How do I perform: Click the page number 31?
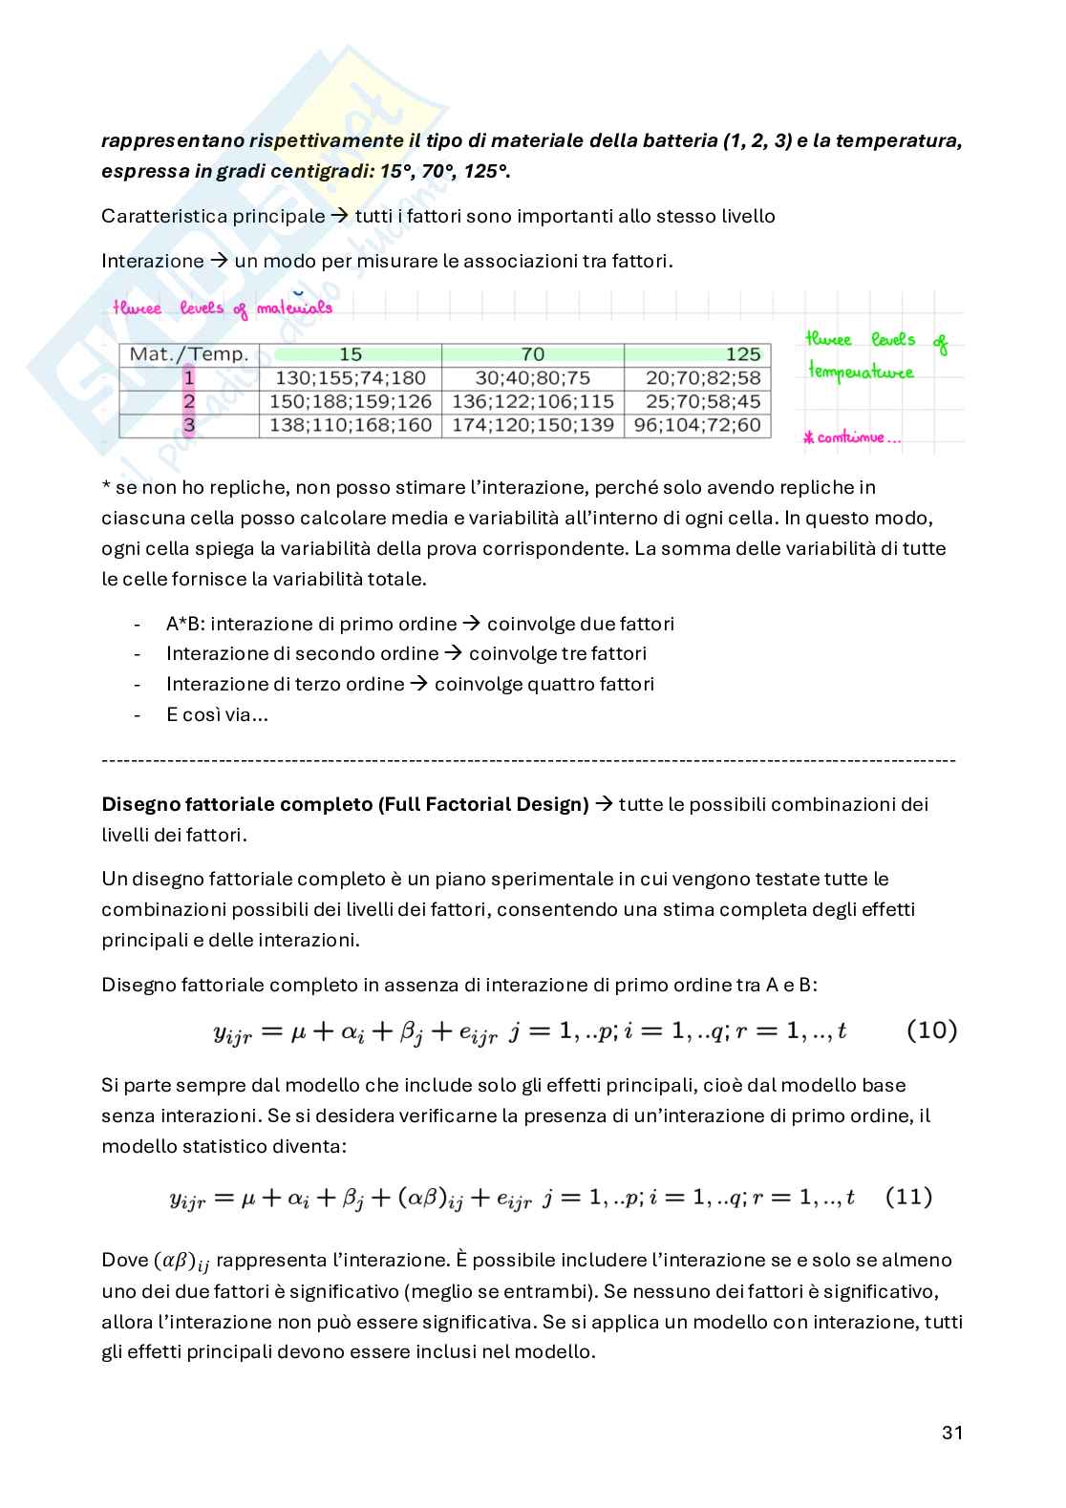point(951,1433)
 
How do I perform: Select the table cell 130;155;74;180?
point(351,378)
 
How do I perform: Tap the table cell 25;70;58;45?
point(696,401)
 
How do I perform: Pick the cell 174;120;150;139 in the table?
point(532,425)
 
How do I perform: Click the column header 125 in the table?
point(742,354)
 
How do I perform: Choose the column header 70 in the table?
point(532,354)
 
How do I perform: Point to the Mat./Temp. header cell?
point(188,354)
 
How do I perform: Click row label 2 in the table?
point(188,401)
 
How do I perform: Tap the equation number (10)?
point(929,1030)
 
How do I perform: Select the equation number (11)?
point(908,1197)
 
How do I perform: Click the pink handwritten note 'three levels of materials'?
point(222,308)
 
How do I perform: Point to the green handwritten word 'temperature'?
point(860,372)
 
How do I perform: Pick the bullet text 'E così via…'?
point(216,714)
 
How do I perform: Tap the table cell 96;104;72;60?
point(696,425)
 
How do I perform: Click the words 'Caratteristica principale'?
point(213,216)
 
